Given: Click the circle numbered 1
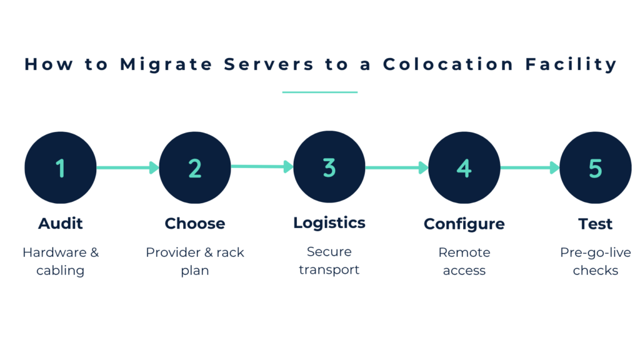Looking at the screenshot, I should (61, 167).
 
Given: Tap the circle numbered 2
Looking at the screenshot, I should (195, 167).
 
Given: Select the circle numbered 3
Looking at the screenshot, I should (329, 167).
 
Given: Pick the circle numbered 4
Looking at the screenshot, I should (464, 167).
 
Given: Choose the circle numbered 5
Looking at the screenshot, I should (595, 167).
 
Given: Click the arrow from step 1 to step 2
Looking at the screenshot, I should (127, 167).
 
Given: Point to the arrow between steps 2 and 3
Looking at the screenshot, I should (262, 167).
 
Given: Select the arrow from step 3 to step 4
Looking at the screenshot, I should (396, 167).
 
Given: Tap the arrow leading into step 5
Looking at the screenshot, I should (529, 167).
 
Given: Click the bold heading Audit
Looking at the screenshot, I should (61, 224).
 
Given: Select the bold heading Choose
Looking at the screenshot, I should (195, 224).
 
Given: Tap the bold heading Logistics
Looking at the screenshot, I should (329, 223).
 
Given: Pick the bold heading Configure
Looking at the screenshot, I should (464, 224).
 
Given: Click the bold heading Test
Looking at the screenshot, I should (595, 224).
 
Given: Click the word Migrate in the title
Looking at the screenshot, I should (166, 64).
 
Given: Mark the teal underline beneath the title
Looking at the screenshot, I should (320, 92).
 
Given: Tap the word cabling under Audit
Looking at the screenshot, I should (61, 271).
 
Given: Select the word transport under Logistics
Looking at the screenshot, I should (329, 270).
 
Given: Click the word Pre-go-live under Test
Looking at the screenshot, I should (595, 252).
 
